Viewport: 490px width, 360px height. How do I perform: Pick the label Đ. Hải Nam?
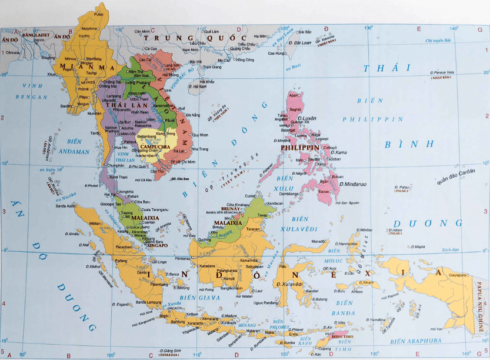pyautogui.click(x=199, y=86)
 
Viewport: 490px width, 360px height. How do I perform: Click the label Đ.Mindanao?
pyautogui.click(x=352, y=184)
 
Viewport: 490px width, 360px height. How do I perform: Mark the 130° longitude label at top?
pyautogui.click(x=369, y=28)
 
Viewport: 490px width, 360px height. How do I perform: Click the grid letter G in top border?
pyautogui.click(x=480, y=28)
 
